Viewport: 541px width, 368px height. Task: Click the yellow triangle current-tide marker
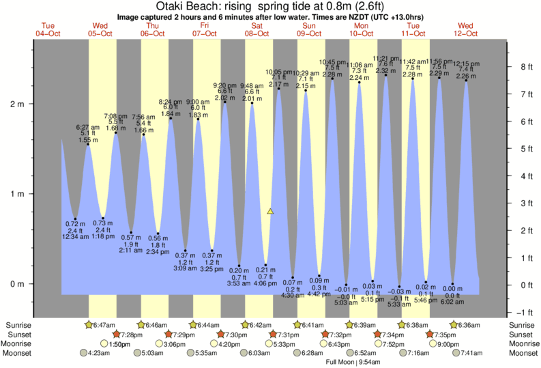pyautogui.click(x=270, y=212)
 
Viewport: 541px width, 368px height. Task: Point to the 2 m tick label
pyautogui.click(x=16, y=104)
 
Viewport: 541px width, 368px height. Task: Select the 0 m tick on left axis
pyautogui.click(x=16, y=284)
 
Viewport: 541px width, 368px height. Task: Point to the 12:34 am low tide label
pyautogui.click(x=76, y=236)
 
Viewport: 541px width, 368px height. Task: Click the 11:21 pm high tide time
pyautogui.click(x=386, y=58)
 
